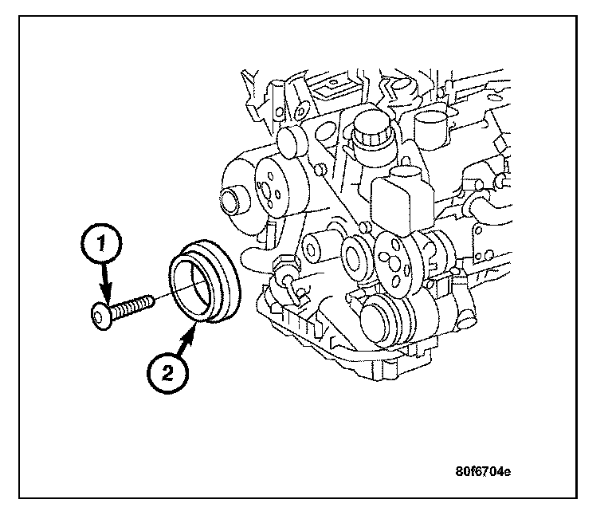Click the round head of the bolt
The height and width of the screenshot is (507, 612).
coord(100,317)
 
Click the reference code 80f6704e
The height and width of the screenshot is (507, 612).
coord(484,470)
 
